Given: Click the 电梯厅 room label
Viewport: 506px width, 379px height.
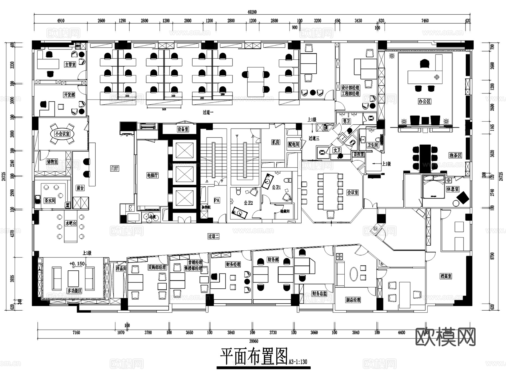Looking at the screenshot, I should pos(152,175).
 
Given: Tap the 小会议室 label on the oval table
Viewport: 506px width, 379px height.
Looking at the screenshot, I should pos(62,134).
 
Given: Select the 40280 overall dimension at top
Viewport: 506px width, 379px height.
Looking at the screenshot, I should pos(252,12).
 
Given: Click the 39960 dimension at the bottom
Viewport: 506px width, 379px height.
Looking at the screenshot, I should pos(254,341).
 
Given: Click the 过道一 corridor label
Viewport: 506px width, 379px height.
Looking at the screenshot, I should pos(208,112).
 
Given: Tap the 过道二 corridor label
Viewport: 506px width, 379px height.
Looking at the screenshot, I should pos(213,236).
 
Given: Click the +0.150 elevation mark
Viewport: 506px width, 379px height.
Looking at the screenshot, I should pos(77,264).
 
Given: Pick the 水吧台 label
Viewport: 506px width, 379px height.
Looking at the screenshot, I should pos(71,223).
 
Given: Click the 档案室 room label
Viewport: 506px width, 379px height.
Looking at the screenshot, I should pos(446,276).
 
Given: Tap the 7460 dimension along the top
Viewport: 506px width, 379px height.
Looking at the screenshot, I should pos(425,21).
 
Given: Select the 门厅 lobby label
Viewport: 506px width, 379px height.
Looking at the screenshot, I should pos(115,169).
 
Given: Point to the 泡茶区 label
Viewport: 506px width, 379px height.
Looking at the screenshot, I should pos(455,155).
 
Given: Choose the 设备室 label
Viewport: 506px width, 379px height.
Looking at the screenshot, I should pos(183,129).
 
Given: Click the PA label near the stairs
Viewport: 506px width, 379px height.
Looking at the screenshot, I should pos(217,200).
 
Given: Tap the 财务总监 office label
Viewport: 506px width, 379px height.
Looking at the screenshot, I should pos(319,293).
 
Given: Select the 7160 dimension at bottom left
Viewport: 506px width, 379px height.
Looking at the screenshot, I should pos(76,333).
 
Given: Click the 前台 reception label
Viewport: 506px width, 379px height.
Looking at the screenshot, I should pos(80,188).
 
